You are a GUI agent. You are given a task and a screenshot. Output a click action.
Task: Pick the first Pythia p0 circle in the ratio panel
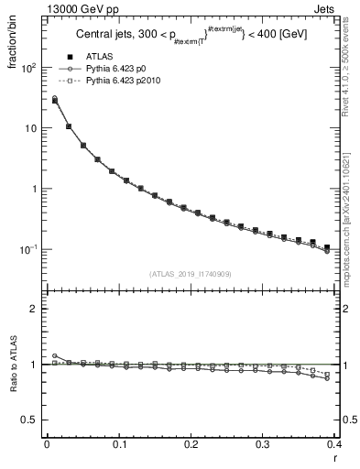(x=55, y=355)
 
